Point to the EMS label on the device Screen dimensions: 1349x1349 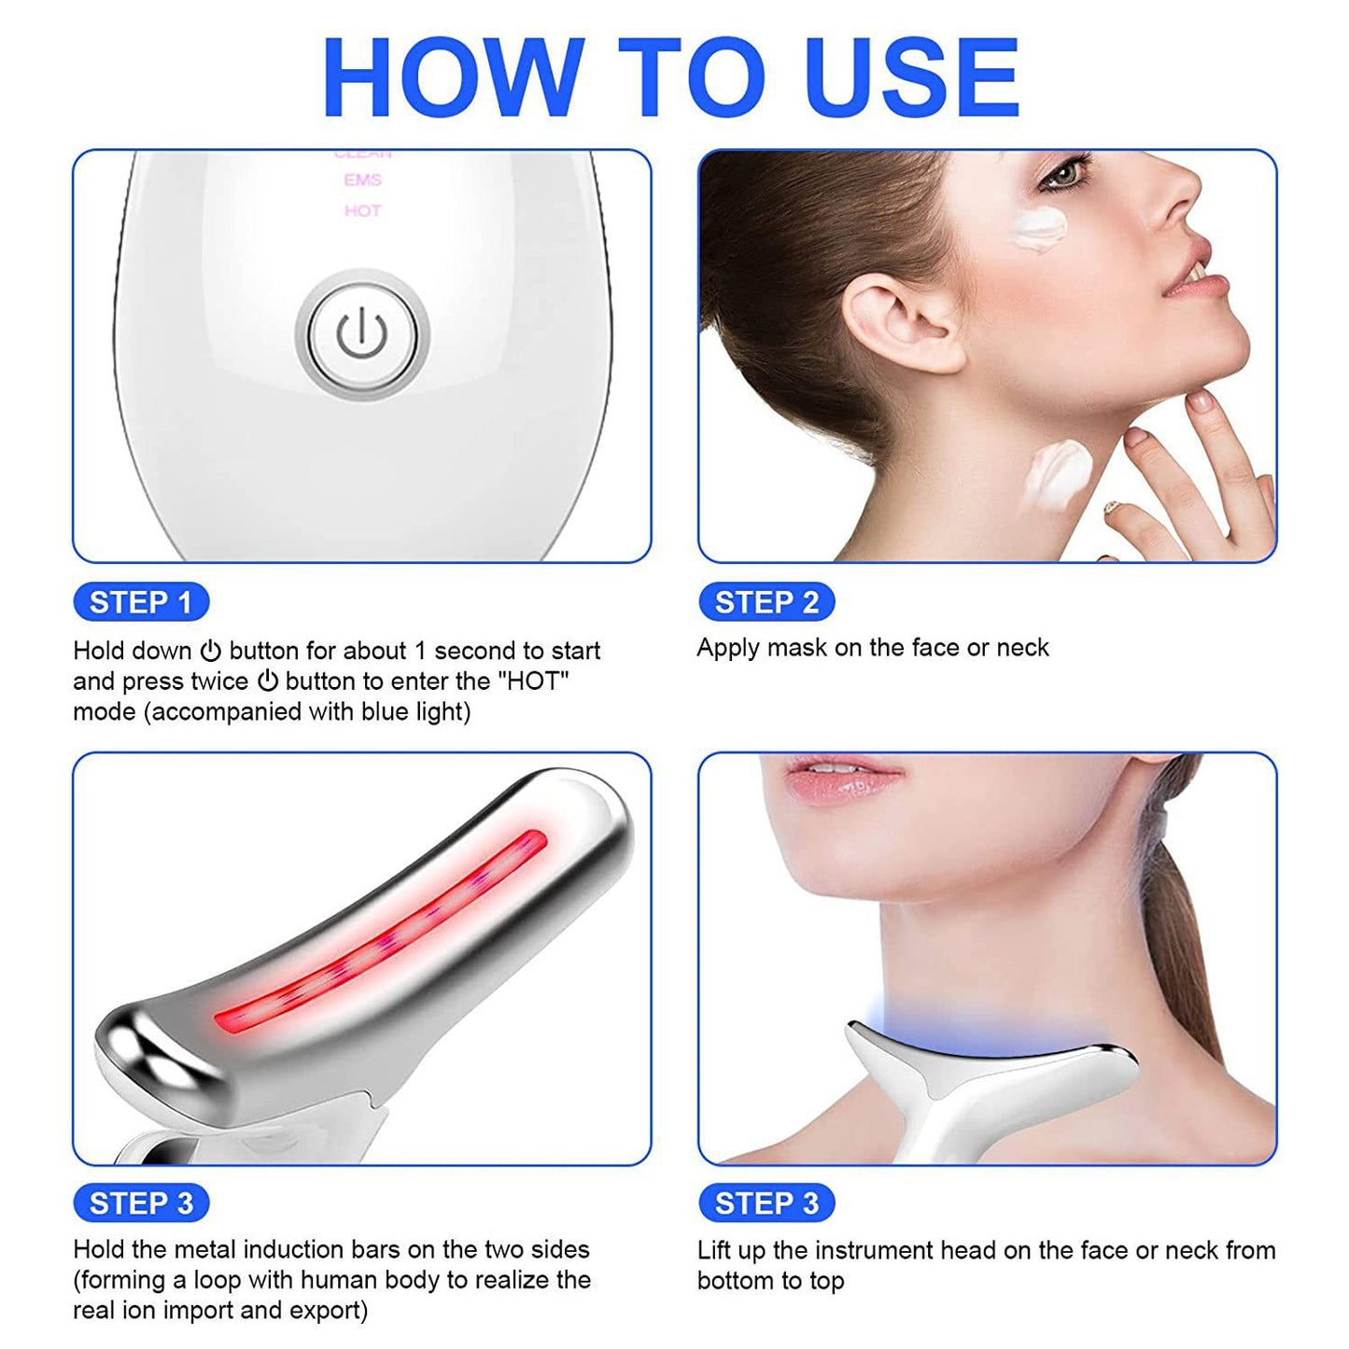(362, 180)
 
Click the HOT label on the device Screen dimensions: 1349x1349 (362, 211)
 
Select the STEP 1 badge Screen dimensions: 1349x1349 (141, 602)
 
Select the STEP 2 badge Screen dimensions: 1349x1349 (766, 602)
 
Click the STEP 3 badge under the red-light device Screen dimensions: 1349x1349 (141, 1203)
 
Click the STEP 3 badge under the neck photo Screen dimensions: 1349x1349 (766, 1203)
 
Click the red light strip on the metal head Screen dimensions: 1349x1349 (383, 934)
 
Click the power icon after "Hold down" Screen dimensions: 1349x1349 (211, 651)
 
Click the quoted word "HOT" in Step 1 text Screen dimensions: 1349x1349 (536, 682)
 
